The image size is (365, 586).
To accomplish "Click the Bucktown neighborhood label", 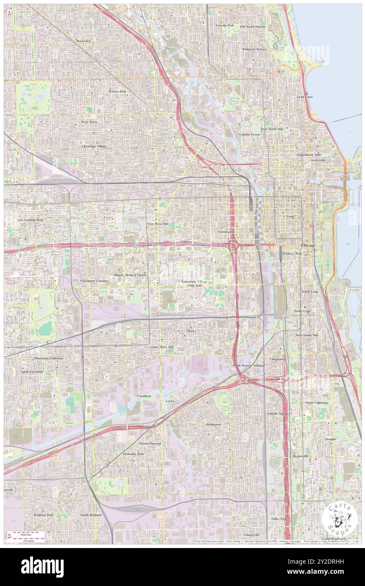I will tap(83, 40).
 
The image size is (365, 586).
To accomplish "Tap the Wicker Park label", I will tap(117, 91).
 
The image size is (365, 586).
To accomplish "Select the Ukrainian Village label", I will tap(94, 146).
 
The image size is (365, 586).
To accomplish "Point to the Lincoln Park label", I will tap(225, 25).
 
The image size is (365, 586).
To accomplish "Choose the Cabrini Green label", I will tap(250, 134).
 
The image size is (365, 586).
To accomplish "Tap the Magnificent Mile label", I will tap(309, 155).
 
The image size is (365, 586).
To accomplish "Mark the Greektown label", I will tap(226, 232).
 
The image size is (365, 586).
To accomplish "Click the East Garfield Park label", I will tap(30, 220).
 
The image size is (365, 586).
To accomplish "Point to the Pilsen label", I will tap(191, 331).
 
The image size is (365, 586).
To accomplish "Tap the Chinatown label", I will tap(277, 359).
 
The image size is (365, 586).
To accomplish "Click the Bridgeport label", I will tap(213, 424).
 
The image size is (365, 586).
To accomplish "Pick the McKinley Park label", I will tap(133, 454).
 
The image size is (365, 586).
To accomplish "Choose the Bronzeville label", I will tap(301, 456).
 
